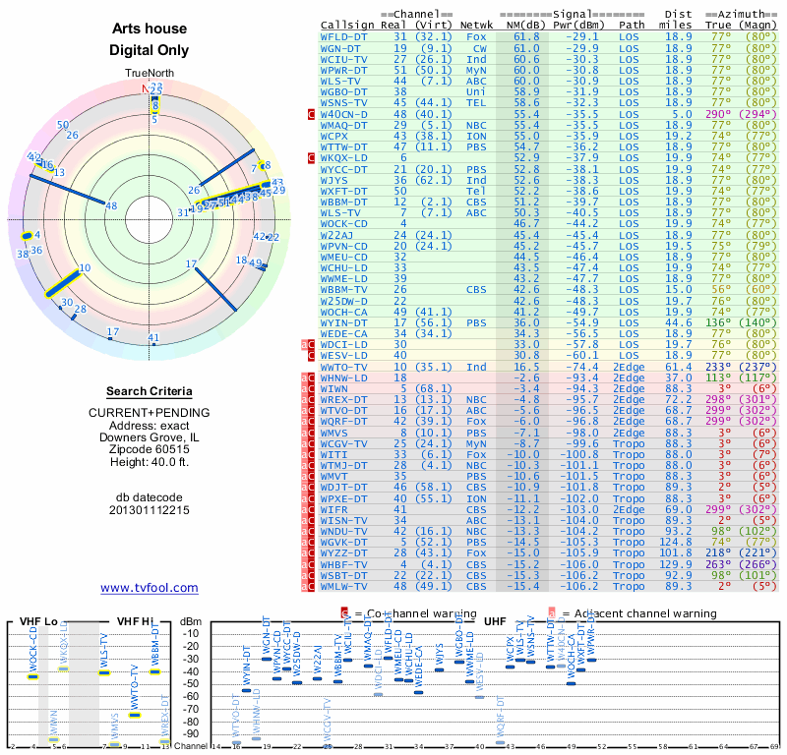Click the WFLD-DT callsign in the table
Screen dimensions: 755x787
(x=344, y=35)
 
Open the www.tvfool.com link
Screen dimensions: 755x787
(x=150, y=588)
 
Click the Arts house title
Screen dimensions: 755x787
(x=150, y=29)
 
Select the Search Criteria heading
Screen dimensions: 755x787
(x=150, y=391)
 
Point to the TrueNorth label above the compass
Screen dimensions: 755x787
(x=149, y=74)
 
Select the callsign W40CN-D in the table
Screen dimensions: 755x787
(x=344, y=114)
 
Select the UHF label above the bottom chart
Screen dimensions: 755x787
(x=495, y=621)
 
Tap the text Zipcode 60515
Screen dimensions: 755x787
(x=150, y=449)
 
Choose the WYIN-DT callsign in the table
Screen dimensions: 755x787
(x=344, y=321)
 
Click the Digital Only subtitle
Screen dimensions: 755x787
(x=150, y=51)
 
